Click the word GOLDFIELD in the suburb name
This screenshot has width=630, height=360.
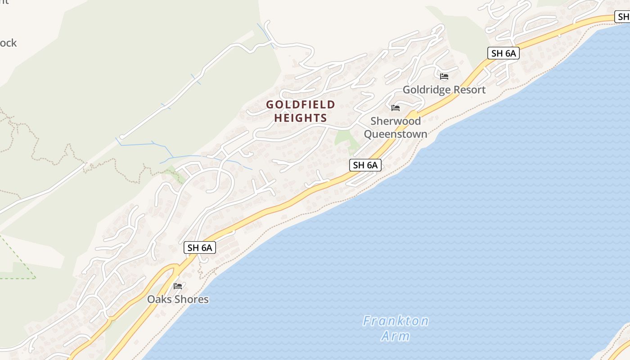pos(301,105)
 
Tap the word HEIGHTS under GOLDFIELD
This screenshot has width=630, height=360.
pos(301,118)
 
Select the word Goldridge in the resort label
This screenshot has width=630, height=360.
pos(425,90)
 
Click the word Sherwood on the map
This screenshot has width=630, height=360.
pos(396,121)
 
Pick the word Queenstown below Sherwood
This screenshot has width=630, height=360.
pos(396,134)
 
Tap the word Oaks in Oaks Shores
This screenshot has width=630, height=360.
pos(158,299)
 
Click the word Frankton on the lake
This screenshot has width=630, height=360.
pos(396,321)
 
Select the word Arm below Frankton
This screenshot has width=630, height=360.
pos(396,336)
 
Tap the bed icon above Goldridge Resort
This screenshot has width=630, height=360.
pos(444,76)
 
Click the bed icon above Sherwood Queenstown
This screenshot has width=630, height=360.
pos(396,108)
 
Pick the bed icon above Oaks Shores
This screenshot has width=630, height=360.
pos(178,286)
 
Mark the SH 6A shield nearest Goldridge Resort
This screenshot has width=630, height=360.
pos(504,53)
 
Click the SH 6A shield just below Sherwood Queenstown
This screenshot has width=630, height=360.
pos(365,165)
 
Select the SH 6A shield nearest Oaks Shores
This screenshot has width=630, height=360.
pos(200,247)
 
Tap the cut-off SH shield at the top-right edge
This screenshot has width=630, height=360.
pos(623,17)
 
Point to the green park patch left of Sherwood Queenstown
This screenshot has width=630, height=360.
pos(346,139)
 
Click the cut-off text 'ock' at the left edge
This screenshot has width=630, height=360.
pos(8,43)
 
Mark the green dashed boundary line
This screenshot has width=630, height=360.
pos(18,256)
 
